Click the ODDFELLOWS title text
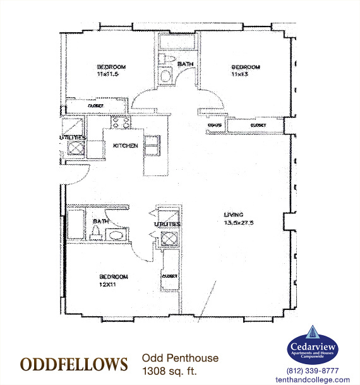click(x=74, y=365)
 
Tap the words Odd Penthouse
click(x=180, y=358)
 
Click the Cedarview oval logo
click(x=313, y=346)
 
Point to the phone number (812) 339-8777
click(x=313, y=370)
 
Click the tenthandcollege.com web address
click(x=313, y=379)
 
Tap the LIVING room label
click(x=233, y=214)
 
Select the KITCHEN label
click(x=125, y=146)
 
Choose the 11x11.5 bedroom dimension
click(x=109, y=74)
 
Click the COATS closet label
click(x=214, y=125)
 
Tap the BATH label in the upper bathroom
click(x=185, y=64)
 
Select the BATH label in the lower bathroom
click(x=100, y=222)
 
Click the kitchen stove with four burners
click(x=120, y=124)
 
